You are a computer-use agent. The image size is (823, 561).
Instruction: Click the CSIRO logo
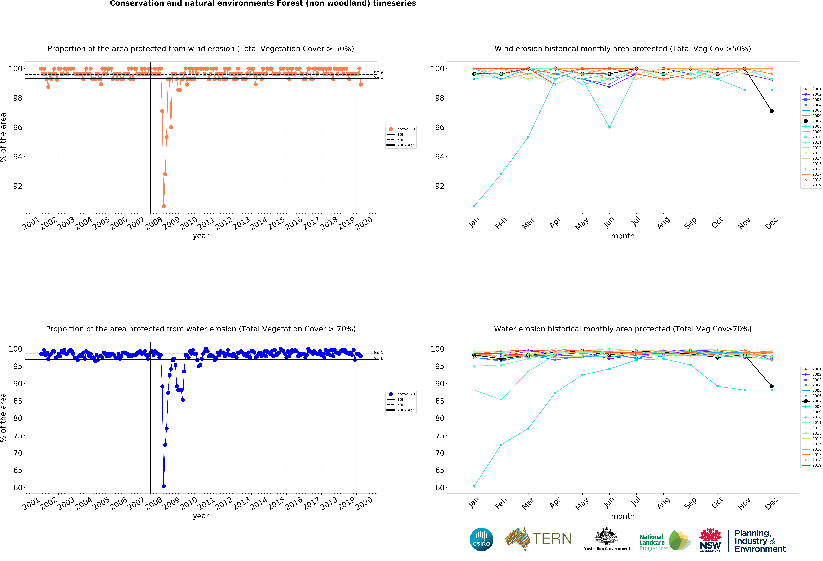point(481,539)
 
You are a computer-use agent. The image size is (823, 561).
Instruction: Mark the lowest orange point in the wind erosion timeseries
point(164,206)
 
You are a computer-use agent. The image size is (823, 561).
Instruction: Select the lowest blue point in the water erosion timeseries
point(164,486)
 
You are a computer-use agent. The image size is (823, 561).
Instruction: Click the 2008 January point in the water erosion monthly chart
point(474,486)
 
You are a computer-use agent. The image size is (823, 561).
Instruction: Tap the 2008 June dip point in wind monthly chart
point(609,127)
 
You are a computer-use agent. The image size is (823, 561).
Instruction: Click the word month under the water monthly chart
point(623,516)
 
